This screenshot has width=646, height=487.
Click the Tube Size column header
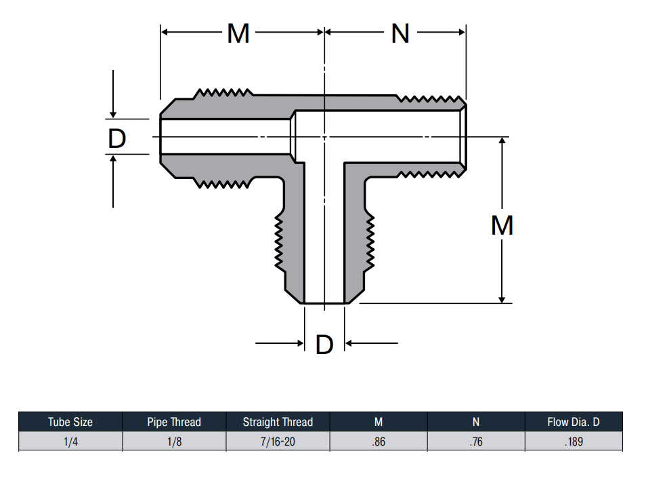[x=70, y=422]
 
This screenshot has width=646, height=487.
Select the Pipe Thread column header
[x=174, y=422]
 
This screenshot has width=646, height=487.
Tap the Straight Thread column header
[x=278, y=422]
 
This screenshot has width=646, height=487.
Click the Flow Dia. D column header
[x=574, y=422]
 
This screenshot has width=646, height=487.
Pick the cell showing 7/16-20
[x=278, y=442]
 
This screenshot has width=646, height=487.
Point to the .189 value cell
[x=574, y=442]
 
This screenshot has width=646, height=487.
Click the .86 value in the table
[x=379, y=442]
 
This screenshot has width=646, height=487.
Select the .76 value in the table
[x=476, y=442]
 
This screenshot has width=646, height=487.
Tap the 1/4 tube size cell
[x=70, y=442]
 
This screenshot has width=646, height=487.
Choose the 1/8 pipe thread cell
[x=174, y=442]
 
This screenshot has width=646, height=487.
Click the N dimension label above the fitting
[x=400, y=33]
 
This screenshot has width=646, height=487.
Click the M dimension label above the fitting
[x=238, y=33]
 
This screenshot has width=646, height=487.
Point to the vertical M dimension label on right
[x=502, y=225]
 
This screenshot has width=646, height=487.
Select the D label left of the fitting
[x=116, y=138]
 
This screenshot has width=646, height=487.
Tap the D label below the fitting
[x=324, y=345]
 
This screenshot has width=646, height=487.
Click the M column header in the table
[x=379, y=422]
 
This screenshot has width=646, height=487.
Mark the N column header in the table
[x=476, y=422]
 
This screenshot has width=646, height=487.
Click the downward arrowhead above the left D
[x=113, y=115]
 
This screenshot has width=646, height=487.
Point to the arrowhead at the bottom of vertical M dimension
[x=502, y=299]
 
